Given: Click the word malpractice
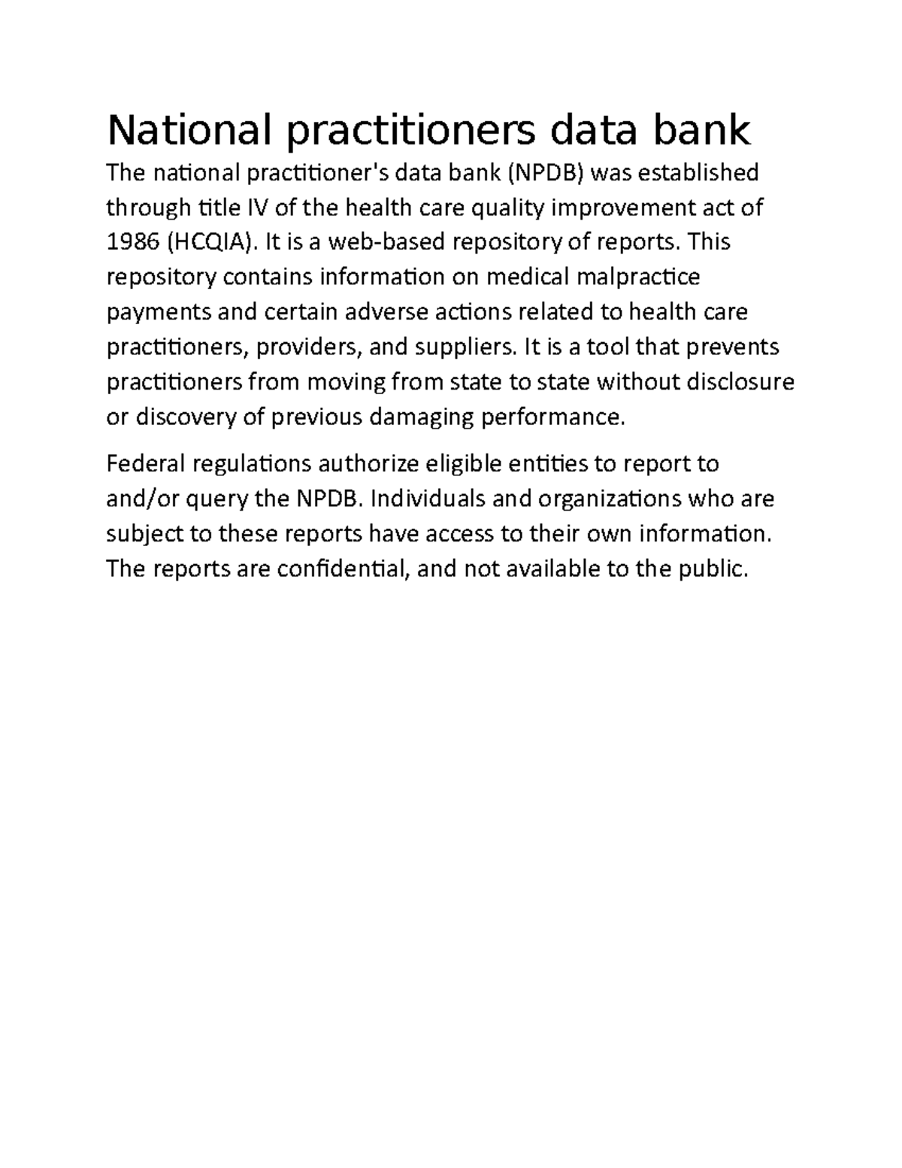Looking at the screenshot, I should pos(637,278).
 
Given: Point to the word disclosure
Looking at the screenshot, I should pos(740,382).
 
